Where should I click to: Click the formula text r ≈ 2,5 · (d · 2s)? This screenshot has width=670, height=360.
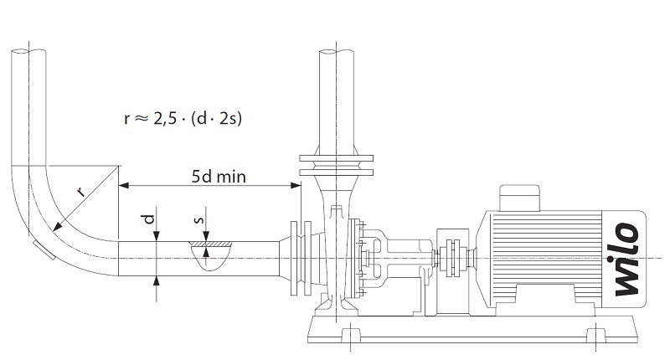click(183, 118)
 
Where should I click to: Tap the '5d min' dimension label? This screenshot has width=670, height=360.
click(219, 177)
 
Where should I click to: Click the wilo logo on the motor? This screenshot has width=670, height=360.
click(627, 260)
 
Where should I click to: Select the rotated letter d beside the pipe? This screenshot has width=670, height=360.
click(148, 219)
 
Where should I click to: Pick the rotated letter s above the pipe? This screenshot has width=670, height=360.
click(198, 220)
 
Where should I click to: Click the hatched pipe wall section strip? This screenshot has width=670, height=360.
click(211, 244)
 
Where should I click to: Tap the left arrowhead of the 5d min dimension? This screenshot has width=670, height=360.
click(123, 185)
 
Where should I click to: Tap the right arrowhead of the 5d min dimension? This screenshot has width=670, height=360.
click(296, 185)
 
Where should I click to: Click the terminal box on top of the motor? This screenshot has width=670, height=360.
click(519, 198)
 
